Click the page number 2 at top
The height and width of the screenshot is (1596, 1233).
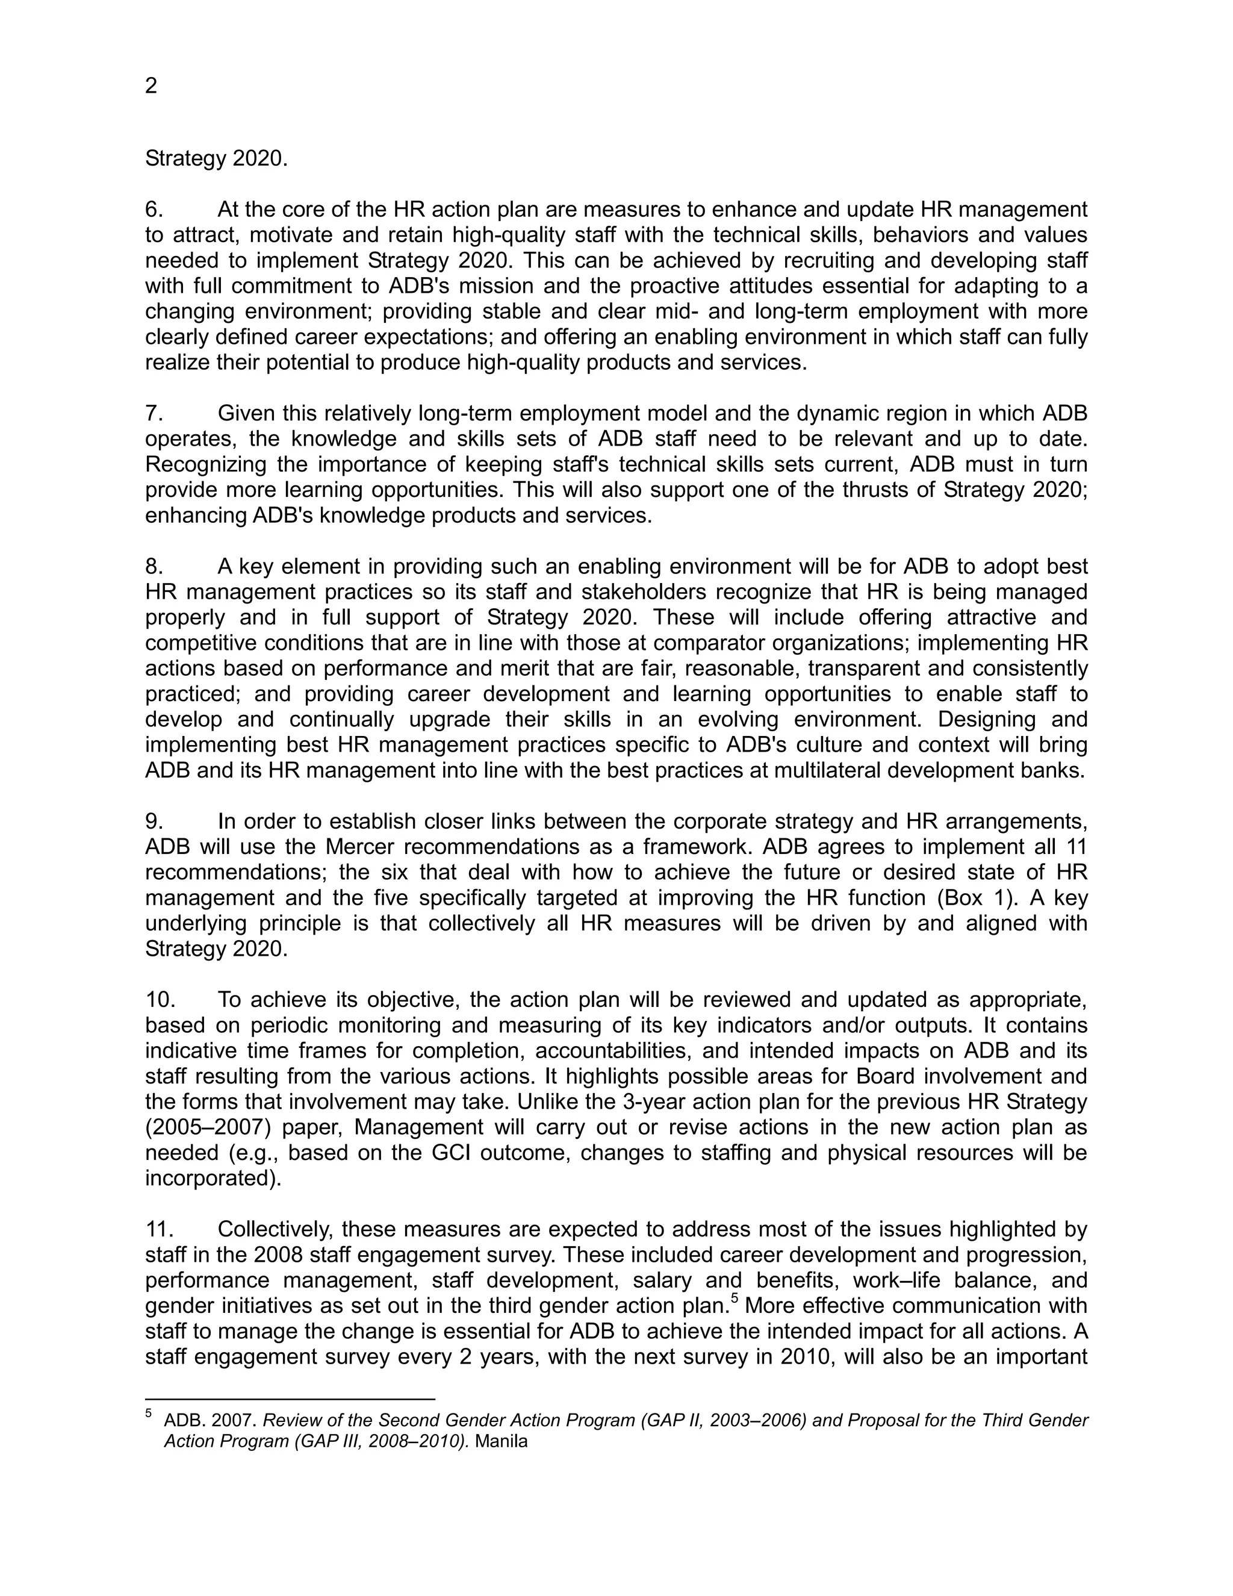pos(151,86)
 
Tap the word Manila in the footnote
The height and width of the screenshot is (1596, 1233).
pos(501,1442)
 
